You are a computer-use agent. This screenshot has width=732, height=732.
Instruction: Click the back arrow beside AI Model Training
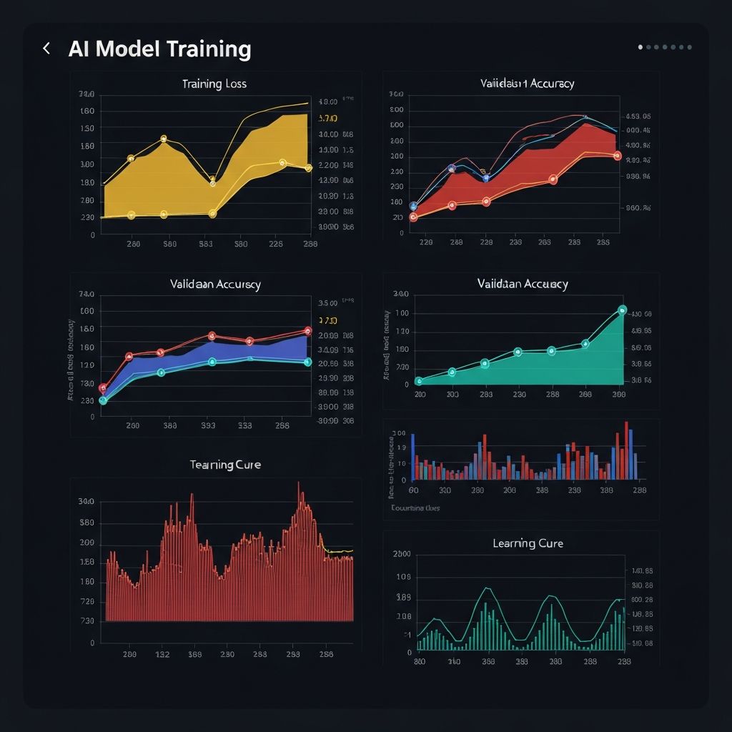point(46,49)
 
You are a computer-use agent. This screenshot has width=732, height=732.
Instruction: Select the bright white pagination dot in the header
point(640,47)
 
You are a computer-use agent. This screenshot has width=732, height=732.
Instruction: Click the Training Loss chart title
point(214,84)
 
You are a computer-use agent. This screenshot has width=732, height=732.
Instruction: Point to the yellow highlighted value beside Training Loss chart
point(327,118)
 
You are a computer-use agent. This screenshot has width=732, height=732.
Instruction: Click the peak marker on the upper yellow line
point(164,139)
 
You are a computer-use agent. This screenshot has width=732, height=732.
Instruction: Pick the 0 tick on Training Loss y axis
point(92,234)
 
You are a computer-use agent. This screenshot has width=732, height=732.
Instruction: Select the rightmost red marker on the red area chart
point(618,155)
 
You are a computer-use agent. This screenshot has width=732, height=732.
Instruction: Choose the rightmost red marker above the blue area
point(307,331)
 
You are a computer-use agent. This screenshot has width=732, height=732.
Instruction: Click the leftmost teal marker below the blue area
point(103,400)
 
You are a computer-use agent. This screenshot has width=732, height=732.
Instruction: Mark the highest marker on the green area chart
point(621,310)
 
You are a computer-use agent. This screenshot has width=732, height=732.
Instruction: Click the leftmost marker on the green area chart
point(419,381)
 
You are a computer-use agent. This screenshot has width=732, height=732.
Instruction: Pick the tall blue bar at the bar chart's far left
point(413,455)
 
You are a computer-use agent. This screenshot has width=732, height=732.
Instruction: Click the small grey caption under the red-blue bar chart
point(415,508)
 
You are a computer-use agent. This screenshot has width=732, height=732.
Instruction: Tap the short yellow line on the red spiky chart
point(339,551)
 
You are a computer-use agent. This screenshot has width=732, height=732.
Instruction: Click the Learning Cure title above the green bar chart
point(528,543)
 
